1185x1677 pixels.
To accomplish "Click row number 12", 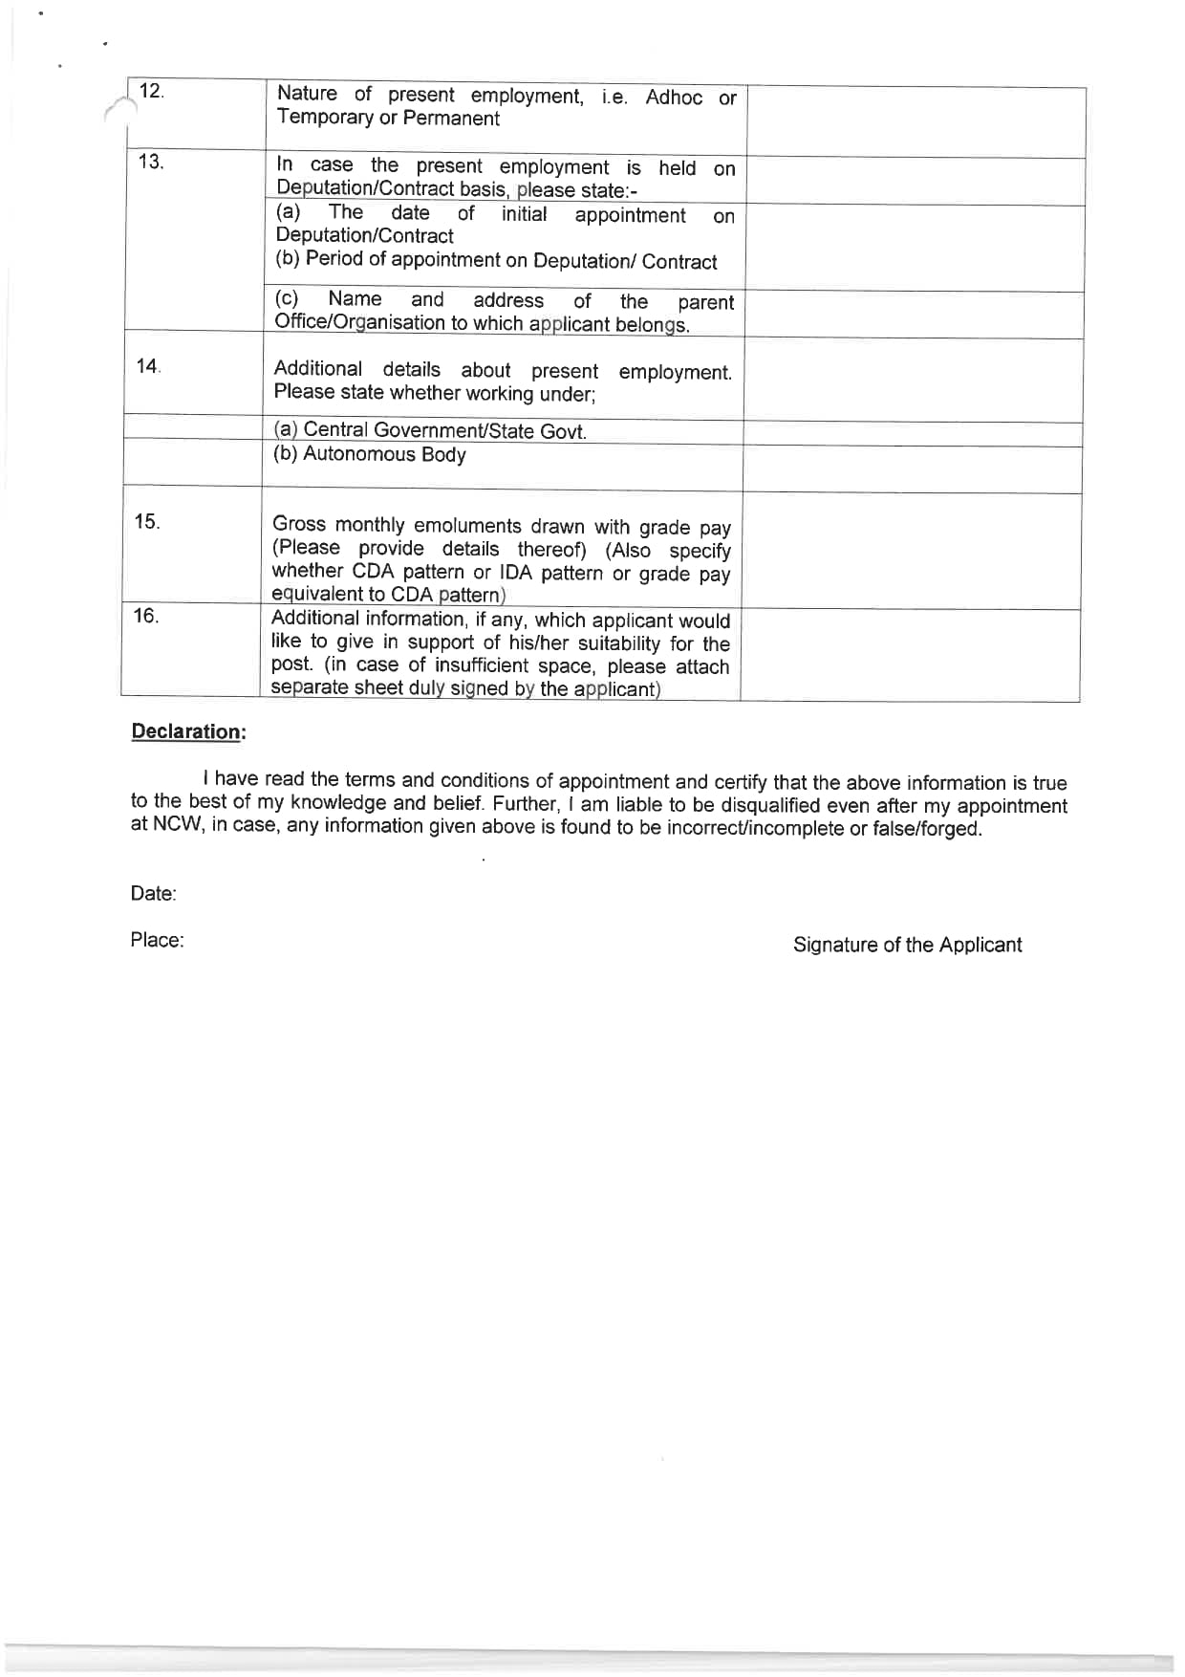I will point(151,92).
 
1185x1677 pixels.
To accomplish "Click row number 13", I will point(150,162).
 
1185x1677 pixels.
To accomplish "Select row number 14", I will point(148,366).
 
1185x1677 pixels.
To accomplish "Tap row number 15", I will point(146,522).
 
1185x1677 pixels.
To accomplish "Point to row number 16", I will point(145,616).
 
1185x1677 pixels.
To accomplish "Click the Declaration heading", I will point(188,731).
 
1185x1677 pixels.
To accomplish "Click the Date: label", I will point(153,894).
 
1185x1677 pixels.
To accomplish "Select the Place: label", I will point(157,940).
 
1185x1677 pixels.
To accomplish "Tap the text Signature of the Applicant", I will point(907,945).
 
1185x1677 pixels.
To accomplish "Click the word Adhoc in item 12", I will point(674,98).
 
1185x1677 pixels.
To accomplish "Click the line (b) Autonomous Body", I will point(370,454).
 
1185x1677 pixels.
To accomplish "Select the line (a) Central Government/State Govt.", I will point(430,430).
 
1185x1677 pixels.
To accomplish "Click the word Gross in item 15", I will point(299,524).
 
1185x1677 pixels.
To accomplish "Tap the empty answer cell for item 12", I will point(915,121).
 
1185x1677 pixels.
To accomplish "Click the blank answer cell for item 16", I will point(910,655).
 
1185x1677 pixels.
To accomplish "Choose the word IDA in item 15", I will point(515,573).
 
